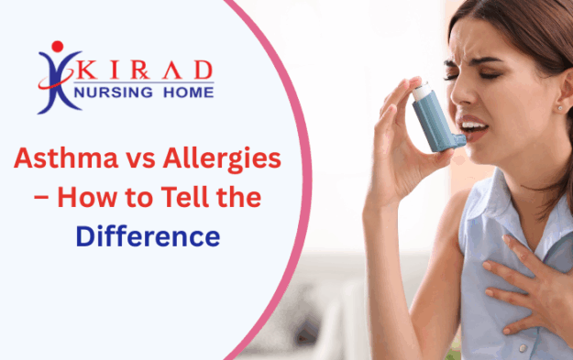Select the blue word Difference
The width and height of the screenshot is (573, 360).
(x=148, y=236)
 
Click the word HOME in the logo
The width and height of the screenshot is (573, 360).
(x=186, y=92)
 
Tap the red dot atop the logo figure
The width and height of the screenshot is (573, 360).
(x=59, y=46)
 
